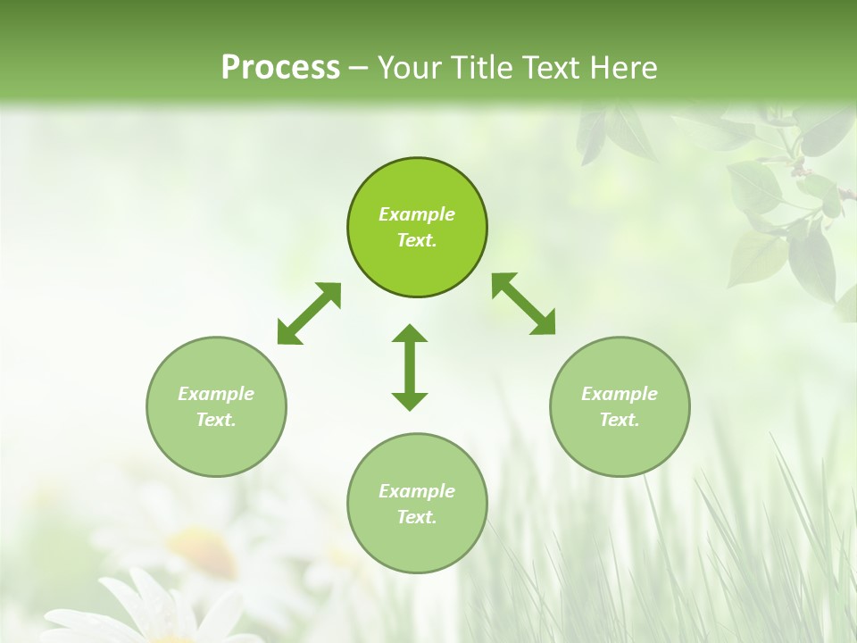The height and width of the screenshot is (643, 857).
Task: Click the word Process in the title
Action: coord(280,68)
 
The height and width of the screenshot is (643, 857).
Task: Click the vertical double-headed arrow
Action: coord(410,367)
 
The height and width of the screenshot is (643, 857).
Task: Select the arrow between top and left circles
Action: coord(309,313)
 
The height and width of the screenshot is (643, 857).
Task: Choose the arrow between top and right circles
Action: coord(524,305)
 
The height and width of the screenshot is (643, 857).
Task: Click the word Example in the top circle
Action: coord(417,214)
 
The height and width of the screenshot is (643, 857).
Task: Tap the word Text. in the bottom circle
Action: coord(417,517)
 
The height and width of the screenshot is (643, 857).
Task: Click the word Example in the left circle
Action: coord(216,394)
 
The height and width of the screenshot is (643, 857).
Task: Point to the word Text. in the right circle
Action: coord(620,420)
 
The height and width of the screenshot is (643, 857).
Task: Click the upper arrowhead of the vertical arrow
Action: coord(410,334)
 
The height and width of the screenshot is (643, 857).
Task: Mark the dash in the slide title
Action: coord(359,68)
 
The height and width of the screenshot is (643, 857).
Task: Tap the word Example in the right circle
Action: coord(620,394)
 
